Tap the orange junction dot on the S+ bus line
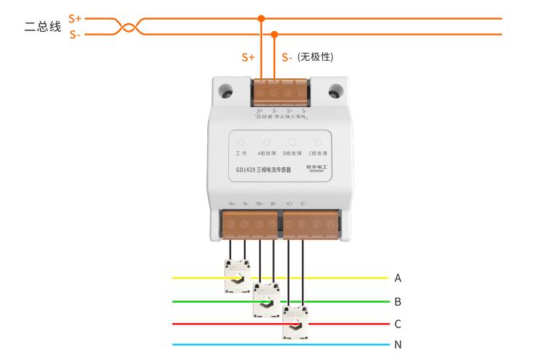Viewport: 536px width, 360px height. pyautogui.click(x=261, y=18)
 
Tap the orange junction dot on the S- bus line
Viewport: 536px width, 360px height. pyautogui.click(x=275, y=33)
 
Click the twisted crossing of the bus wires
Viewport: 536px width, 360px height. pyautogui.click(x=127, y=26)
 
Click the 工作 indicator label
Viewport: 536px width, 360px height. pyautogui.click(x=242, y=154)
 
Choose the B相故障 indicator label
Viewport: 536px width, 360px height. pyautogui.click(x=293, y=154)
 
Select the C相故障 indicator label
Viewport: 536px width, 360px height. pyautogui.click(x=318, y=154)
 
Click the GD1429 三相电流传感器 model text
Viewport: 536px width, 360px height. pyautogui.click(x=264, y=171)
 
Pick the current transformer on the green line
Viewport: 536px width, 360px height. pyautogui.click(x=266, y=298)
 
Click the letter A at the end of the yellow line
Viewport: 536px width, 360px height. pyautogui.click(x=398, y=277)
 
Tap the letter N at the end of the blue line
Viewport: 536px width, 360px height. pyautogui.click(x=398, y=345)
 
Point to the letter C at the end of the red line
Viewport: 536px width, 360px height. pyautogui.click(x=398, y=324)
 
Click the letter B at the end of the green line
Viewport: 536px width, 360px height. pyautogui.click(x=398, y=301)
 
